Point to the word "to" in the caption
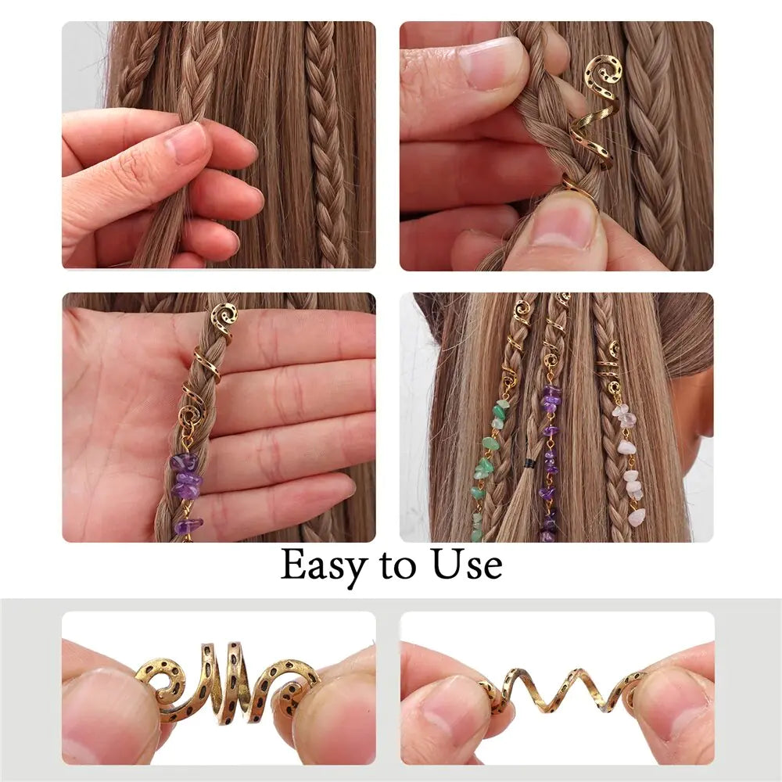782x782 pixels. click(399, 567)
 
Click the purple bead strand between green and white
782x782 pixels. click(550, 461)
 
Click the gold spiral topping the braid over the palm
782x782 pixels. click(223, 317)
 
